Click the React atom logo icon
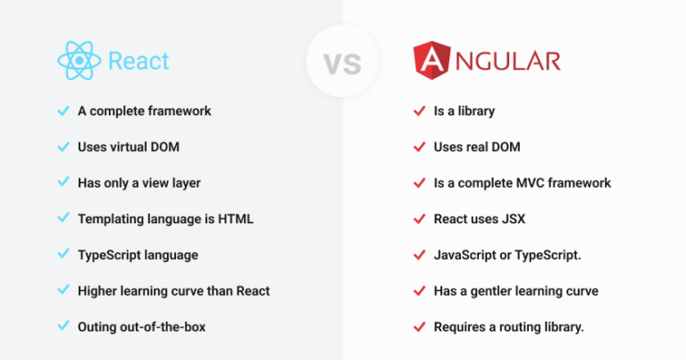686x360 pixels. (79, 61)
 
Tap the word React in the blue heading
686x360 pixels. (138, 61)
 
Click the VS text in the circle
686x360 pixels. (343, 63)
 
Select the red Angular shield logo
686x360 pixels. (431, 61)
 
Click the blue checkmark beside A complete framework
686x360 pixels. (63, 111)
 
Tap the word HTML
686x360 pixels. (236, 219)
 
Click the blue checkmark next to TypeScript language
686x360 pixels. (63, 254)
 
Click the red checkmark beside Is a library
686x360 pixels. (420, 111)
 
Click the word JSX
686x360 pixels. (514, 219)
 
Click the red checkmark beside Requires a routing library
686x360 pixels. (420, 326)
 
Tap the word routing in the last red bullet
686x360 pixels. (523, 327)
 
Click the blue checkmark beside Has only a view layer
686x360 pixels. (63, 182)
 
